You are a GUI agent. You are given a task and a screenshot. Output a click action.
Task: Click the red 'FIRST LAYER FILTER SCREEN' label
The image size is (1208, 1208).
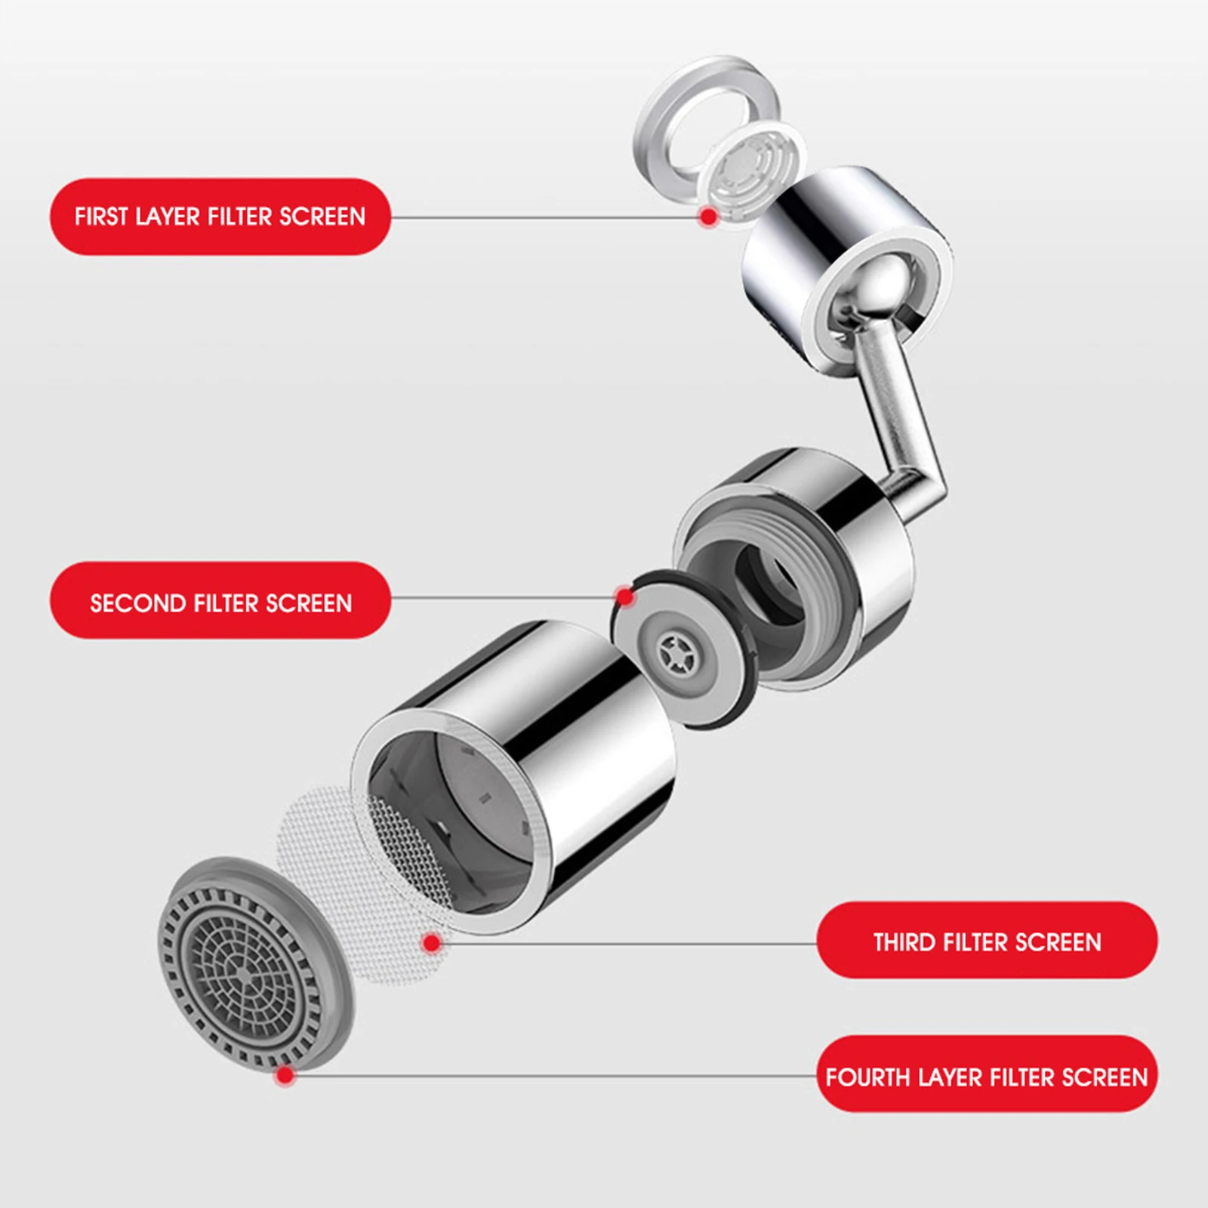[x=220, y=217]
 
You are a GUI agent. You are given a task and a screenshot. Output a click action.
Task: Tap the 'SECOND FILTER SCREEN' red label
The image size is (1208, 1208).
[x=220, y=602]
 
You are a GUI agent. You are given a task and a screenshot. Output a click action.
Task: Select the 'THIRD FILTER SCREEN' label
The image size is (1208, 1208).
[x=986, y=941]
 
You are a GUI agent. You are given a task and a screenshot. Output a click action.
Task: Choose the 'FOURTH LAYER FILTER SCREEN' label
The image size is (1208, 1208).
[x=986, y=1076]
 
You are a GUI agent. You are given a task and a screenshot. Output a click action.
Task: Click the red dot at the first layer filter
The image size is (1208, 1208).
[x=708, y=217]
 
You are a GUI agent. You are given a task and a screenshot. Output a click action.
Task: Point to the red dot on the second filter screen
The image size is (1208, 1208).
[x=625, y=596]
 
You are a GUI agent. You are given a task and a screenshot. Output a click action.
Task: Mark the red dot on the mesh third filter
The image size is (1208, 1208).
[x=432, y=942]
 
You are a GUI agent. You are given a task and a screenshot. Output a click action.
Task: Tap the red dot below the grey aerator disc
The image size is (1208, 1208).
[x=285, y=1074]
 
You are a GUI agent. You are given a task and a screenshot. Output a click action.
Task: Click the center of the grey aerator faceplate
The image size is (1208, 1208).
[x=240, y=974]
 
